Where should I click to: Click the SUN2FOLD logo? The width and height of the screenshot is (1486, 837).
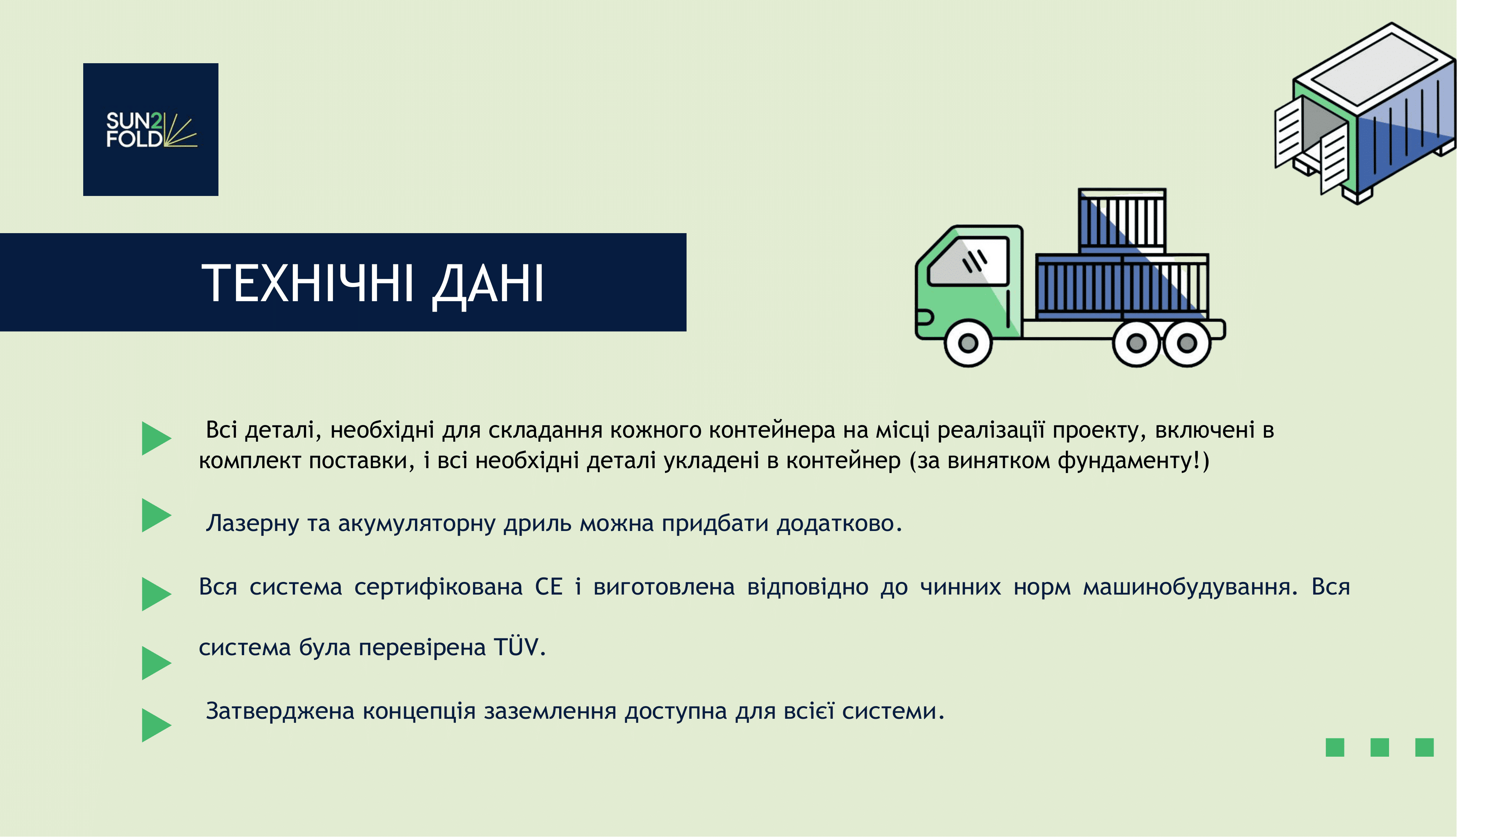150,129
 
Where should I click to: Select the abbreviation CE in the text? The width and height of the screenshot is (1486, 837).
549,586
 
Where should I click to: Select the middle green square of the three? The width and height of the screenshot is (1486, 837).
1379,747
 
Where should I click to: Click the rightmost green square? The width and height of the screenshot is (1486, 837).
1424,747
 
